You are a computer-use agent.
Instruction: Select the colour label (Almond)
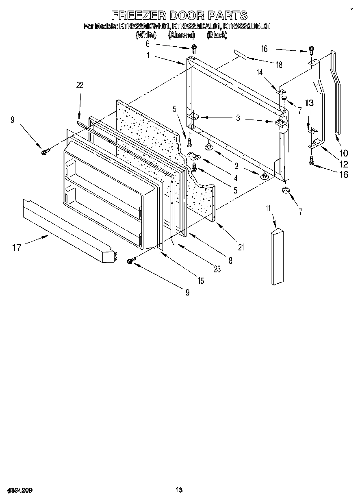[x=181, y=35]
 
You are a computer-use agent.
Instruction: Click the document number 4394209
[x=20, y=490]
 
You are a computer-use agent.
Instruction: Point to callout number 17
[x=17, y=247]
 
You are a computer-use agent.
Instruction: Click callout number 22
[x=80, y=85]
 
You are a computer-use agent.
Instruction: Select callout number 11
[x=268, y=209]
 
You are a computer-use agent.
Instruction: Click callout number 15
[x=200, y=281]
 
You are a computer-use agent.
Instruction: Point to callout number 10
[x=343, y=153]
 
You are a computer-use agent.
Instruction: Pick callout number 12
[x=343, y=164]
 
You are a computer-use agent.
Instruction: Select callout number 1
[x=148, y=55]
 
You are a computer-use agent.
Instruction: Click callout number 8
[x=230, y=261]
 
